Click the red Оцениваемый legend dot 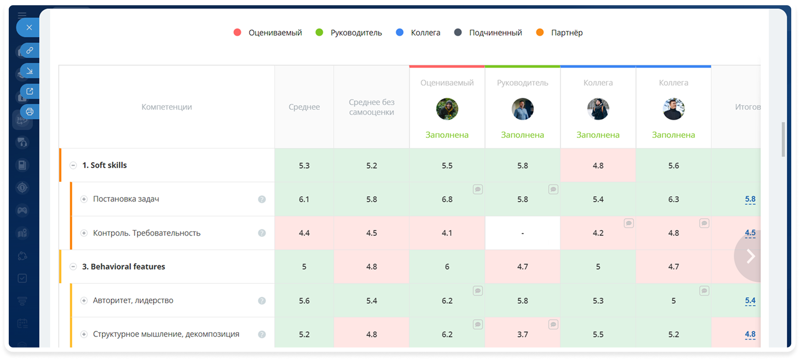pyautogui.click(x=237, y=32)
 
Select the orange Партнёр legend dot pyautogui.click(x=540, y=32)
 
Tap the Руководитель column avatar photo pyautogui.click(x=522, y=109)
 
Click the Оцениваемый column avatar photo pyautogui.click(x=447, y=109)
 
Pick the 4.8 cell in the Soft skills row pyautogui.click(x=598, y=166)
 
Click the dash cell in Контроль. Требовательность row pyautogui.click(x=522, y=233)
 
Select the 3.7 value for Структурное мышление pyautogui.click(x=522, y=334)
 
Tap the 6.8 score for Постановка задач pyautogui.click(x=447, y=199)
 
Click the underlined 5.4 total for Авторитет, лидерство pyautogui.click(x=750, y=301)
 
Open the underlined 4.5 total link pyautogui.click(x=750, y=233)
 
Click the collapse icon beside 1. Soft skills pyautogui.click(x=73, y=165)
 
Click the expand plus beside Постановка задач pyautogui.click(x=84, y=199)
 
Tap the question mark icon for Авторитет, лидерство pyautogui.click(x=262, y=301)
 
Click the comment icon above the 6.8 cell pyautogui.click(x=478, y=189)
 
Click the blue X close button pyautogui.click(x=29, y=28)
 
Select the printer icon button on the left pyautogui.click(x=30, y=112)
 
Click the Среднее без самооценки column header pyautogui.click(x=372, y=107)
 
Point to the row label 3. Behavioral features pyautogui.click(x=124, y=266)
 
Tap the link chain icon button pyautogui.click(x=30, y=50)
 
